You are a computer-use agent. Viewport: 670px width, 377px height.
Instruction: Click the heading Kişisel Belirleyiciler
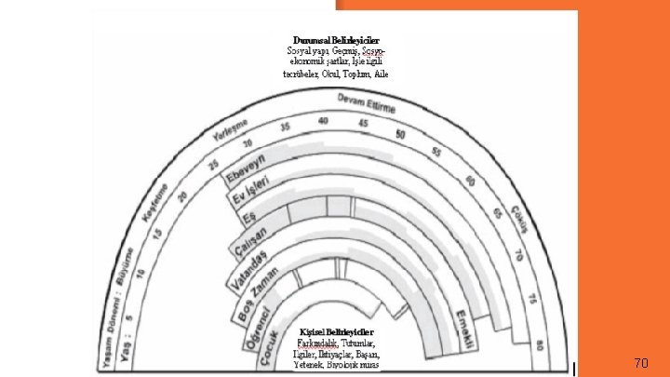(336, 332)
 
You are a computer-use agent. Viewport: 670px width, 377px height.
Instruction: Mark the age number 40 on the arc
(323, 121)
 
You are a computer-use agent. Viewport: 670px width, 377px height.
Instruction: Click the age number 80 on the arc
(541, 344)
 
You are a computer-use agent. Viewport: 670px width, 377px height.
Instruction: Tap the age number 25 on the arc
(214, 164)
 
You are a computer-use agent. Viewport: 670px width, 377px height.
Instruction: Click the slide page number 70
(640, 363)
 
